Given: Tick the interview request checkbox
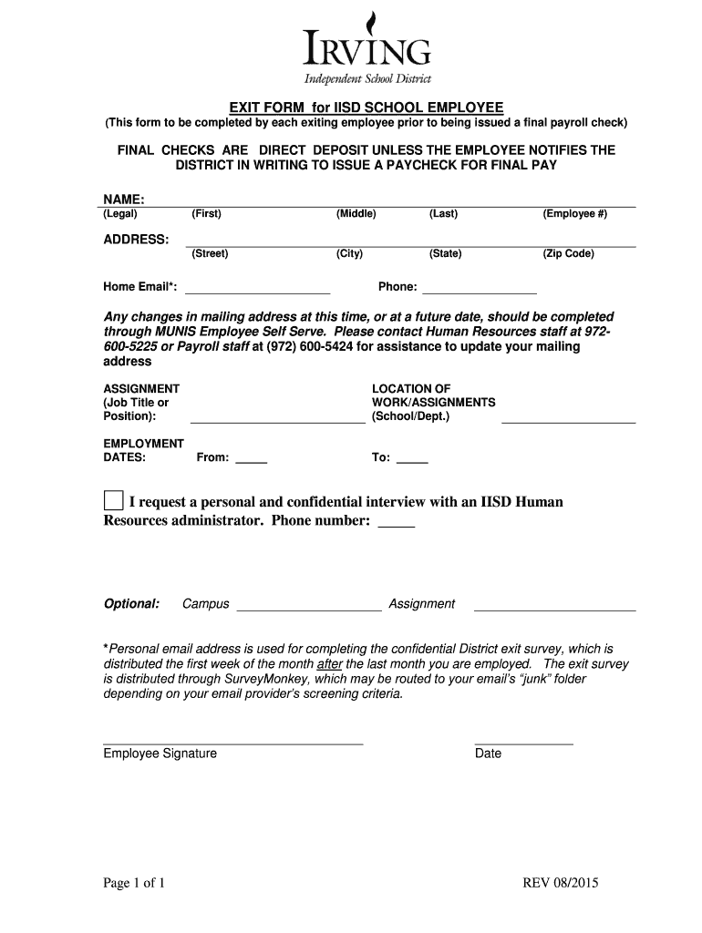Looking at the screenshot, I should coord(113,501).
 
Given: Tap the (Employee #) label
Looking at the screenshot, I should coord(574,214).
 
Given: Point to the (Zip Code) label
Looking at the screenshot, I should coord(568,254).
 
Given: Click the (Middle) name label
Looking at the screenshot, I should coord(356,214).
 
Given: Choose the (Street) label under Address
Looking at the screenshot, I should coord(210,254).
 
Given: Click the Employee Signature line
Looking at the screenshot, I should coord(232,742).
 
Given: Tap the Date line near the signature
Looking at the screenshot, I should coord(523,742).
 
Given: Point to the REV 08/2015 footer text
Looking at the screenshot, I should coord(560,883).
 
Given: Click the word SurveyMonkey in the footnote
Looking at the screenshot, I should coord(253,679).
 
